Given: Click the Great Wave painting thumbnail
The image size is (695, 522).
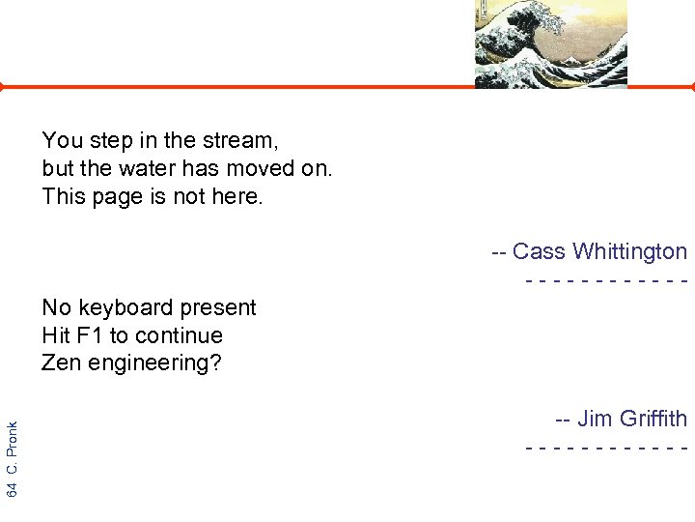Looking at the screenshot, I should (550, 43).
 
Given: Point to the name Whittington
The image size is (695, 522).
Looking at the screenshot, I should (629, 252).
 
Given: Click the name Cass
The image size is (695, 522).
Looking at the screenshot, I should (539, 252).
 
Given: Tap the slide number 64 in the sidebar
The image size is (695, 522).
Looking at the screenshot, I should (12, 488).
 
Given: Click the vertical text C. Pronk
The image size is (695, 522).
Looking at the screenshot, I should (12, 446).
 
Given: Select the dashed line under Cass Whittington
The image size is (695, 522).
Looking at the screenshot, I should (606, 280).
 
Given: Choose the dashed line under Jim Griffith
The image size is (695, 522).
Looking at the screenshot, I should (606, 448).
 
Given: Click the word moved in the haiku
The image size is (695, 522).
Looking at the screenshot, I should (264, 169).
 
